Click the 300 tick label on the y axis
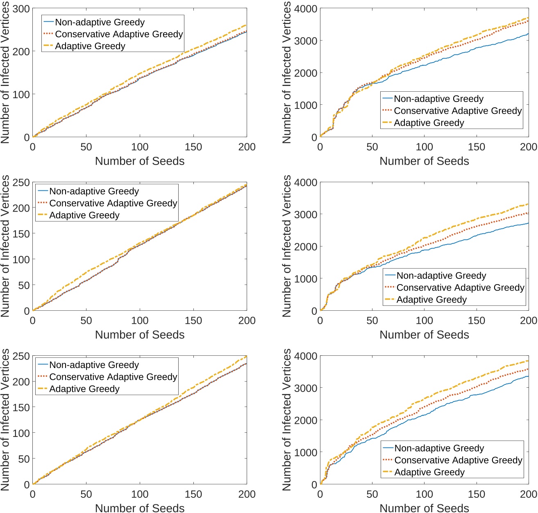point(21,9)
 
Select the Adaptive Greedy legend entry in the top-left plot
point(90,46)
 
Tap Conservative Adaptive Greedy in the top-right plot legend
point(458,111)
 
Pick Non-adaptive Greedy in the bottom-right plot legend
point(439,448)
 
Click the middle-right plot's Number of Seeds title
point(424,334)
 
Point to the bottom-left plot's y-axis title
point(5,420)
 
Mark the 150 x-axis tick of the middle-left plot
point(193,321)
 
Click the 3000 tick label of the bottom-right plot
point(306,388)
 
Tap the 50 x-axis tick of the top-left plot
point(86,147)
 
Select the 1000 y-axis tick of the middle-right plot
point(306,279)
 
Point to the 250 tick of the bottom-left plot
point(21,356)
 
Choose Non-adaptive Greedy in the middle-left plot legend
point(94,191)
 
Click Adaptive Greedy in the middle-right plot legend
point(431,299)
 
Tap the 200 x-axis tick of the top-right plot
point(528,147)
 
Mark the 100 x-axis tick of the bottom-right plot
point(424,494)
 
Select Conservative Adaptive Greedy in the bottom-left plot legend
point(113,377)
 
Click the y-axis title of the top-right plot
point(287,72)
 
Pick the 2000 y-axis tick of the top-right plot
point(306,73)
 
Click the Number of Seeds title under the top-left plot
point(140,161)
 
